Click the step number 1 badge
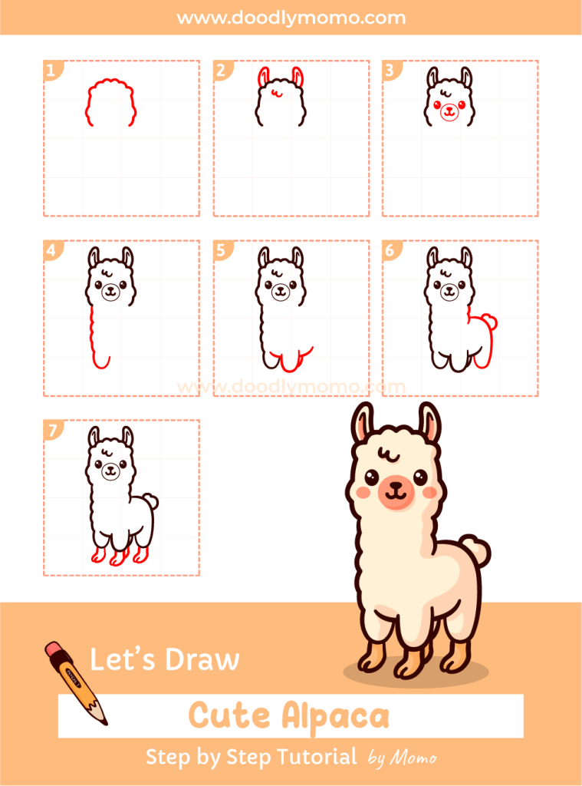(x=51, y=71)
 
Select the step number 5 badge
(x=221, y=251)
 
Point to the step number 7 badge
(x=51, y=431)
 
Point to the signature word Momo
(x=413, y=758)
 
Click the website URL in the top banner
(x=291, y=18)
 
